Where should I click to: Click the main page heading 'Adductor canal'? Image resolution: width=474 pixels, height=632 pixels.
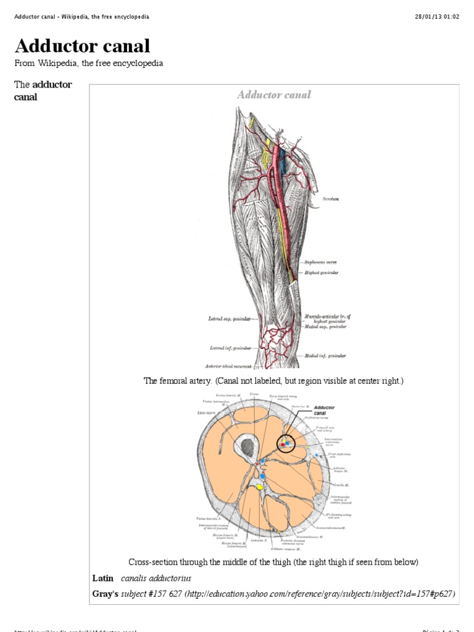(x=82, y=46)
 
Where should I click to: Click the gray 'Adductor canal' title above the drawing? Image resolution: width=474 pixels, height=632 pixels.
(x=274, y=95)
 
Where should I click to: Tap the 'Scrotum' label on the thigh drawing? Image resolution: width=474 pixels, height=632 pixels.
(x=330, y=199)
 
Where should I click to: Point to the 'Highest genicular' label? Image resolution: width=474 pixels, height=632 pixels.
(x=320, y=272)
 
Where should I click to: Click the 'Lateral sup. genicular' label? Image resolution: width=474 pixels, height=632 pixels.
(x=230, y=319)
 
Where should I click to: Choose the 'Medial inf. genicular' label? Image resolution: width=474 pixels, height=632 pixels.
(x=325, y=356)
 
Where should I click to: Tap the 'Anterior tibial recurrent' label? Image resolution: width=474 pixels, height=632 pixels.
(x=229, y=365)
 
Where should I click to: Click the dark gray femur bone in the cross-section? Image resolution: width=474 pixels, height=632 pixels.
(x=248, y=447)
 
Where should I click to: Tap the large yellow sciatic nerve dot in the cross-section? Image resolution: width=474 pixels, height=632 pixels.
(x=260, y=487)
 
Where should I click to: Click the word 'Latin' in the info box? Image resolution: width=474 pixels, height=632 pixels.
(x=103, y=578)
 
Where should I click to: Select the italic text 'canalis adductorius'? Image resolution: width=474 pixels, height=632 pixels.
(x=156, y=578)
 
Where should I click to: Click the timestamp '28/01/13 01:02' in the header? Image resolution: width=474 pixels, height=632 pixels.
(x=437, y=17)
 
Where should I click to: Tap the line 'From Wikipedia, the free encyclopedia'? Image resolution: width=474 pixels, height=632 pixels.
(x=88, y=64)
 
